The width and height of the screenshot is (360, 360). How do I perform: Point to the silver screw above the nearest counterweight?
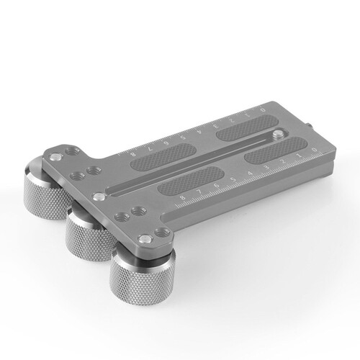150,233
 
